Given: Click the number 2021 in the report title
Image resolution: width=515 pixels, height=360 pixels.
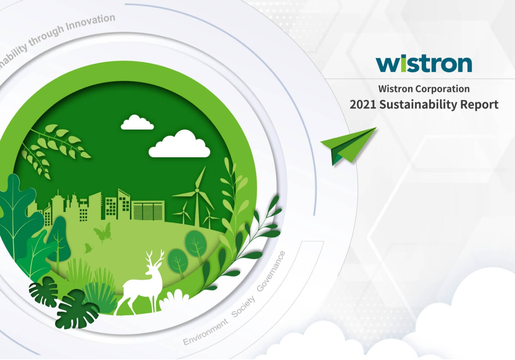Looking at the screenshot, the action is (x=363, y=105).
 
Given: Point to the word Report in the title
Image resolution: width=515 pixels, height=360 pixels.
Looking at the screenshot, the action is (x=479, y=105).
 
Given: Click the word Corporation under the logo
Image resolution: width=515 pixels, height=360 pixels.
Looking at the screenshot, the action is (x=443, y=89).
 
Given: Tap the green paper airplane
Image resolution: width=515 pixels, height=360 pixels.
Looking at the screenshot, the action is (x=348, y=146).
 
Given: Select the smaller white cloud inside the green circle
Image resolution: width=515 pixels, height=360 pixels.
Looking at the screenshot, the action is (x=137, y=122).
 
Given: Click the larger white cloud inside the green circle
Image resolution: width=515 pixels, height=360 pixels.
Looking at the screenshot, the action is (x=179, y=144).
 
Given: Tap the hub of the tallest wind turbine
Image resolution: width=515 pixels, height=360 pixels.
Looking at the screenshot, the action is (x=197, y=190).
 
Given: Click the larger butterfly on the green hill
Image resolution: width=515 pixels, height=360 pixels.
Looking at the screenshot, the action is (x=103, y=232).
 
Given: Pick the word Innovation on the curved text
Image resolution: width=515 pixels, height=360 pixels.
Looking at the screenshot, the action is (x=90, y=22).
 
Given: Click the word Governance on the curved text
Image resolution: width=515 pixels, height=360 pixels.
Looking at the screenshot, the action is (x=271, y=271).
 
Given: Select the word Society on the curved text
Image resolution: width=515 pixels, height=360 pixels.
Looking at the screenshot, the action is (x=243, y=307).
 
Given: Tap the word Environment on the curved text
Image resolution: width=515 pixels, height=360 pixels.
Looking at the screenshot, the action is (x=205, y=332).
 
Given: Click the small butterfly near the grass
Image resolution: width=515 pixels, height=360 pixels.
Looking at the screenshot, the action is (x=88, y=248).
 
